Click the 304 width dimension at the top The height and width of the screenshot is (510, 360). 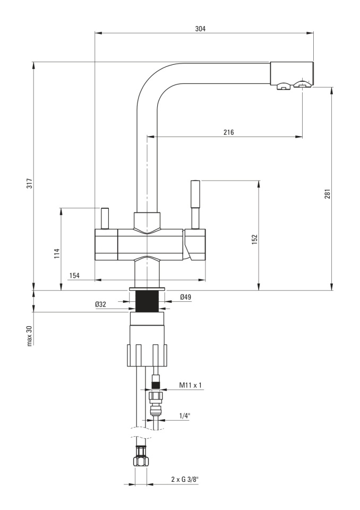[x=200, y=29]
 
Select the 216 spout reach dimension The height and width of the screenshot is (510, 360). [x=229, y=132]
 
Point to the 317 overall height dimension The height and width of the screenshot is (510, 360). [x=29, y=184]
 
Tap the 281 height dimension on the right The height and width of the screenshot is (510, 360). [x=328, y=193]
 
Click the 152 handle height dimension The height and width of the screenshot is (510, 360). [x=254, y=239]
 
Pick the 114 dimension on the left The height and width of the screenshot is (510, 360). [x=57, y=253]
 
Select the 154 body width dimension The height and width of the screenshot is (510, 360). [x=74, y=276]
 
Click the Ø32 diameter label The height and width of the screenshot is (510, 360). [x=100, y=304]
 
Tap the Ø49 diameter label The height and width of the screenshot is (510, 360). [x=185, y=296]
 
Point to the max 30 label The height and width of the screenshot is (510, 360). [x=30, y=335]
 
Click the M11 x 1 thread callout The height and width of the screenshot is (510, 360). [x=191, y=386]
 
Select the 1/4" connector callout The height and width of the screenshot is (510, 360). [x=184, y=415]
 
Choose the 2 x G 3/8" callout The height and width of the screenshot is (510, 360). [x=184, y=479]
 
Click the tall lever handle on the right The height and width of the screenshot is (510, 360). [x=195, y=205]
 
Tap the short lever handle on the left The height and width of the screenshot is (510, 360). [x=105, y=218]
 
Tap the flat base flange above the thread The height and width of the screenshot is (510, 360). [x=147, y=289]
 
